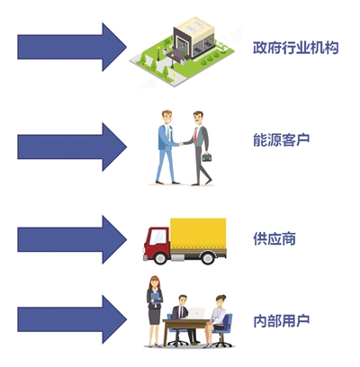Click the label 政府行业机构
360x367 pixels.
click(x=296, y=48)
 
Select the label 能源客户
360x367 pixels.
click(x=282, y=139)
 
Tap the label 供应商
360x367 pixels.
click(x=274, y=239)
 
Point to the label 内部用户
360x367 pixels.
click(x=282, y=321)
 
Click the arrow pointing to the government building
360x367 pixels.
click(x=72, y=47)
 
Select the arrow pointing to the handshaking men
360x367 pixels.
click(x=72, y=147)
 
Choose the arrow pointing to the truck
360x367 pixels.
click(x=72, y=239)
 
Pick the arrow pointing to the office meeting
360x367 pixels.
click(x=72, y=319)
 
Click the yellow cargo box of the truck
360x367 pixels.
click(x=198, y=234)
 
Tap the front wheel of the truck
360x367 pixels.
click(x=161, y=258)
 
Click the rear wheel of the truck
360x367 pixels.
click(x=208, y=258)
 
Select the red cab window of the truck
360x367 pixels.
click(x=158, y=237)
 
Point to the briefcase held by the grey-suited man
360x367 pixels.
click(x=207, y=157)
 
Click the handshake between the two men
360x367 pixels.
click(x=181, y=144)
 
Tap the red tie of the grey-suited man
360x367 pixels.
click(x=196, y=135)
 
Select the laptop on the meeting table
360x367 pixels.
click(x=196, y=313)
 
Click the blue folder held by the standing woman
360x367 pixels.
click(x=156, y=299)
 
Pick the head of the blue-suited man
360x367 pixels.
click(x=166, y=117)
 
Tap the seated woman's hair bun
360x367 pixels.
click(x=223, y=297)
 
